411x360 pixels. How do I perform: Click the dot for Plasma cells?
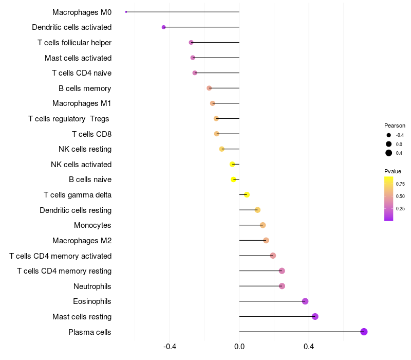pyautogui.click(x=364, y=332)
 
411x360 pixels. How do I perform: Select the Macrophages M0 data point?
pyautogui.click(x=126, y=12)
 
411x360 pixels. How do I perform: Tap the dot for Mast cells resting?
pyautogui.click(x=315, y=316)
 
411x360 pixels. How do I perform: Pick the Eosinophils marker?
pyautogui.click(x=305, y=301)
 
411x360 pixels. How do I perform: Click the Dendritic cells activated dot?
pyautogui.click(x=163, y=27)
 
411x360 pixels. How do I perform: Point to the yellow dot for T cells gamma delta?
pyautogui.click(x=247, y=194)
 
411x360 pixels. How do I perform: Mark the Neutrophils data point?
pyautogui.click(x=282, y=286)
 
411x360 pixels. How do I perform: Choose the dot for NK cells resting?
pyautogui.click(x=222, y=149)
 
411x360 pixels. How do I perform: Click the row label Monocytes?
pyautogui.click(x=92, y=225)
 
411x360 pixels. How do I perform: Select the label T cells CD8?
pyautogui.click(x=91, y=134)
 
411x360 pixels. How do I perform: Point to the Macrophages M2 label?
pyautogui.click(x=82, y=241)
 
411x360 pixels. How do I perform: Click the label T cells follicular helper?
pyautogui.click(x=74, y=43)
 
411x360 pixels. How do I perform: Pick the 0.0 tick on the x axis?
pyautogui.click(x=239, y=347)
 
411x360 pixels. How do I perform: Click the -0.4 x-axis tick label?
pyautogui.click(x=170, y=347)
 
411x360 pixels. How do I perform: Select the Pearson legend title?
pyautogui.click(x=395, y=125)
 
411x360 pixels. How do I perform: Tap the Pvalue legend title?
pyautogui.click(x=393, y=171)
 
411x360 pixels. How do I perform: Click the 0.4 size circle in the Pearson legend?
pyautogui.click(x=389, y=153)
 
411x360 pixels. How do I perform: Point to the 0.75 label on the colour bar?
pyautogui.click(x=400, y=184)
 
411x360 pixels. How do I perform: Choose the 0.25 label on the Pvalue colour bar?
pyautogui.click(x=400, y=208)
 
